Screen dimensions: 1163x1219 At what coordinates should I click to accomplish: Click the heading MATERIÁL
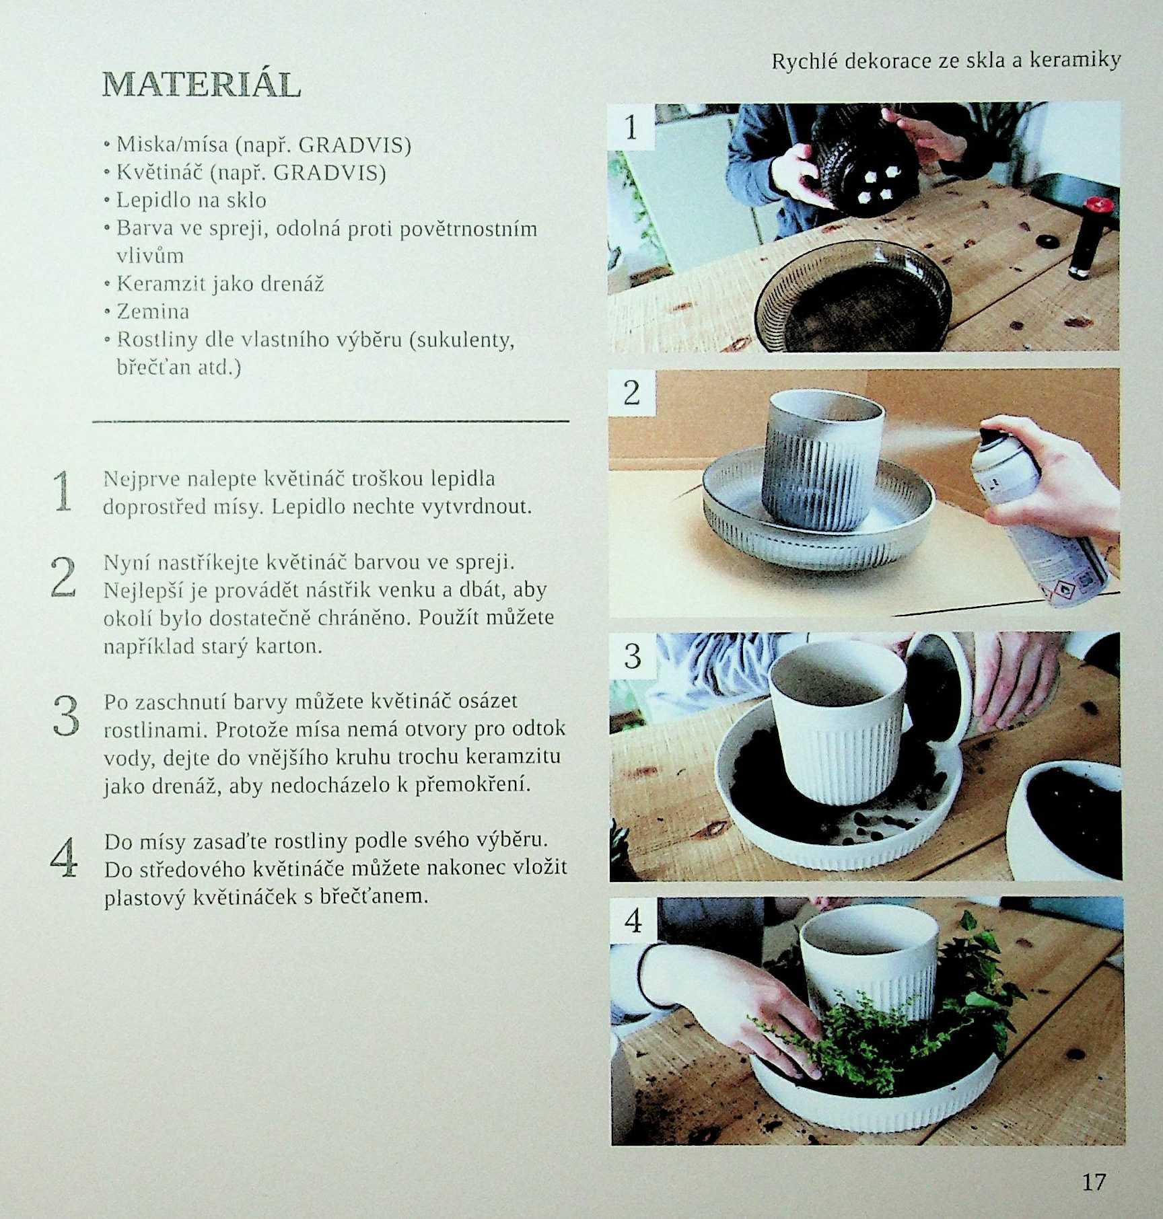tap(201, 85)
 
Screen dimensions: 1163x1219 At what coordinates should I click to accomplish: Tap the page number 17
tap(1094, 1181)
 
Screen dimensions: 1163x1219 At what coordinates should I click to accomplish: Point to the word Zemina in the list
tap(153, 311)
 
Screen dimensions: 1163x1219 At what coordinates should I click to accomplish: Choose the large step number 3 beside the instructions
tap(65, 715)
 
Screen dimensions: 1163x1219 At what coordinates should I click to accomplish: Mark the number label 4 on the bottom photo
tap(633, 920)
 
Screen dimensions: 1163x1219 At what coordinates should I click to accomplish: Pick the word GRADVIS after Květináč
tap(330, 173)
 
